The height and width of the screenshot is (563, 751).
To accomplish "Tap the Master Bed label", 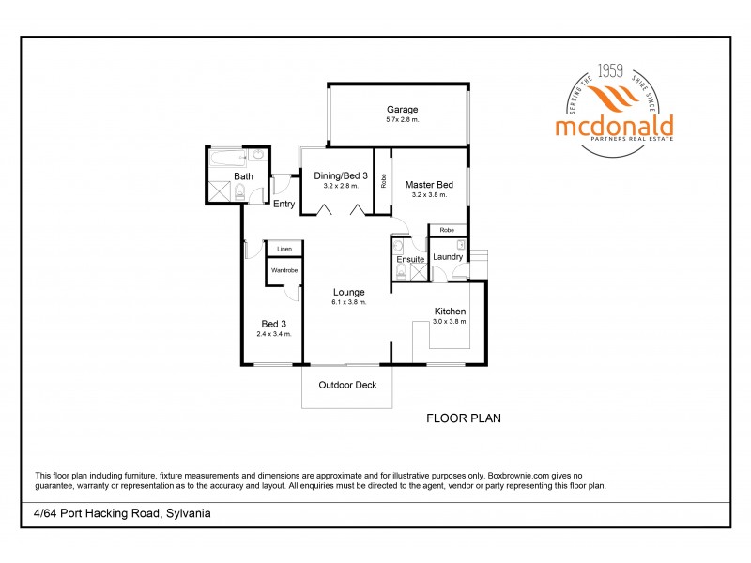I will click(429, 185).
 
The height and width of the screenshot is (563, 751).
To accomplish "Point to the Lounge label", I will click(348, 292).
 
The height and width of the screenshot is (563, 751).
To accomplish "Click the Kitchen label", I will click(449, 312).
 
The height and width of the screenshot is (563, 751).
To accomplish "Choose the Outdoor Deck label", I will click(346, 385).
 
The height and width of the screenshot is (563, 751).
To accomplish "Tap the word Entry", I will click(284, 205).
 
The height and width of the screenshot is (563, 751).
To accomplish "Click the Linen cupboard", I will click(284, 249).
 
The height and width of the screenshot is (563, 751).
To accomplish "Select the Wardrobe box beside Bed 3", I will click(284, 270).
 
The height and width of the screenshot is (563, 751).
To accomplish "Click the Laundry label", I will click(448, 257).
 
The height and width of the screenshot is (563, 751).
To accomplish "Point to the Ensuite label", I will click(409, 259).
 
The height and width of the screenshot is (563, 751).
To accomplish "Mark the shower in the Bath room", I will click(220, 192).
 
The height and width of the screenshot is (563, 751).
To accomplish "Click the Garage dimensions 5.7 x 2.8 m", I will click(402, 120).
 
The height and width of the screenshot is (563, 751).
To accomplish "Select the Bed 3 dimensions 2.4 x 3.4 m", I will click(273, 334).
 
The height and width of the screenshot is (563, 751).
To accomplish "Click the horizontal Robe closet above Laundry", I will click(448, 230).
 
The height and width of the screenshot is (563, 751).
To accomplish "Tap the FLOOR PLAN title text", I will click(464, 418).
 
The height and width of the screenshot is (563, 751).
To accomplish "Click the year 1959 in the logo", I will click(610, 70).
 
